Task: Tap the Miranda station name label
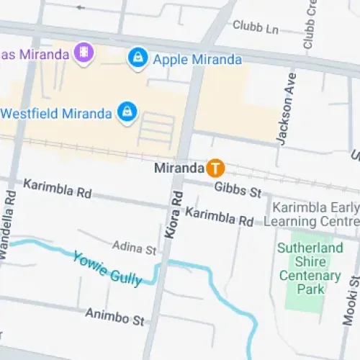(179, 168)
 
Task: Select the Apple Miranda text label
(197, 58)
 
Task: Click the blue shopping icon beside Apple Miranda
(137, 58)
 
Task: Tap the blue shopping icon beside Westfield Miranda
(127, 112)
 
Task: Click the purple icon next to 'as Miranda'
(85, 54)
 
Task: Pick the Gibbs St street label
(238, 190)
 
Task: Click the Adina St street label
(134, 250)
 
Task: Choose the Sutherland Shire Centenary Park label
(310, 269)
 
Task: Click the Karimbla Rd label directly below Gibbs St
(219, 215)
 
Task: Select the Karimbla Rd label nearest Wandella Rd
(58, 189)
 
